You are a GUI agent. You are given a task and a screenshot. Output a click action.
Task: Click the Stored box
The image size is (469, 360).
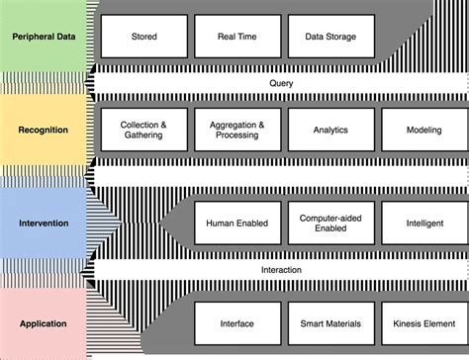coord(143,37)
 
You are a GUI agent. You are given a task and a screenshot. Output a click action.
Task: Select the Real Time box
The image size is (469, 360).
coord(237,37)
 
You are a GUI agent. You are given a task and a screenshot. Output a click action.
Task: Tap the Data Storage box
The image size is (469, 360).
coord(330,37)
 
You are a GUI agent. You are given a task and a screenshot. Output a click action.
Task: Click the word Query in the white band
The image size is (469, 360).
coord(281,83)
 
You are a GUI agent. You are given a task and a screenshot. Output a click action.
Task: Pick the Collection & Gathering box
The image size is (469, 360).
coord(143,130)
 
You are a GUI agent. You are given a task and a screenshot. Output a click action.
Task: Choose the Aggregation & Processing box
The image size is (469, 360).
coord(237,130)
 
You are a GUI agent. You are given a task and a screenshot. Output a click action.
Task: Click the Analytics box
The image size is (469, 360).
coord(330,130)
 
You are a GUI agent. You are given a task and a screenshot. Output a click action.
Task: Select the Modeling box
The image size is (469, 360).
coord(423,130)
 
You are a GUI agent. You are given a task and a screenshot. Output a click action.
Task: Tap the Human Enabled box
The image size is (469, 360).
coord(237,223)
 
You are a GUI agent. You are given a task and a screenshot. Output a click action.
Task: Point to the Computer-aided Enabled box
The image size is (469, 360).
coord(330,223)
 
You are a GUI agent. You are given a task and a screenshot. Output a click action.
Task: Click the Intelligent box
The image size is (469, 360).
coord(423,223)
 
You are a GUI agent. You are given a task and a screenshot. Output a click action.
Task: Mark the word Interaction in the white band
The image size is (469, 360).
coord(281,269)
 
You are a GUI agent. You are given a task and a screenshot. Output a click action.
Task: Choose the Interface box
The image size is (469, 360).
coord(237,322)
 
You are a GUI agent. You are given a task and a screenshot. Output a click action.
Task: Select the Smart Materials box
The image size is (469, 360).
coord(330,322)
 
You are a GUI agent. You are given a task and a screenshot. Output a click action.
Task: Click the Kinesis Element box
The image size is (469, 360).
coord(423,322)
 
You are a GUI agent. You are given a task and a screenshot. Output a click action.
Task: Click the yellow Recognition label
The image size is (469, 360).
coord(44,130)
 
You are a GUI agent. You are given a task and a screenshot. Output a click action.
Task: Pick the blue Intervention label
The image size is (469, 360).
coord(44,223)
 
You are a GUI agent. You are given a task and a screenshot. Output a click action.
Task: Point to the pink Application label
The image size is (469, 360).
coord(44,322)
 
